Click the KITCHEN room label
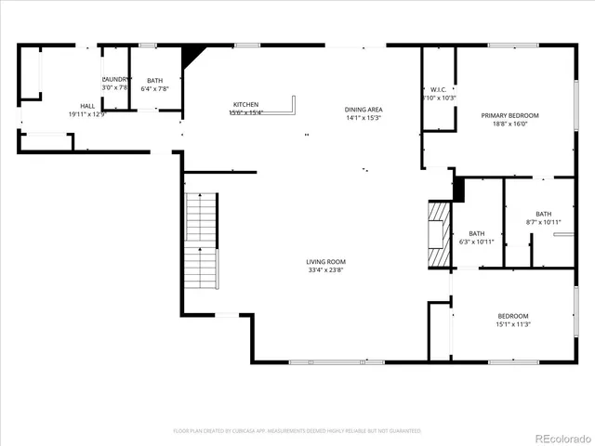[245, 104]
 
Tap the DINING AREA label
[364, 110]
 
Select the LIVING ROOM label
[326, 262]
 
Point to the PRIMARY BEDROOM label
[509, 115]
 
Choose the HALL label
[87, 106]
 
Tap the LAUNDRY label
[115, 80]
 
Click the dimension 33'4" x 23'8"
[326, 270]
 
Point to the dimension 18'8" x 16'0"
[509, 124]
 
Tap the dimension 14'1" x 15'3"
[364, 118]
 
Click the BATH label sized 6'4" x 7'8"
[154, 81]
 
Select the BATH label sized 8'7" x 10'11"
[543, 214]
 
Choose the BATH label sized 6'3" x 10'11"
[476, 233]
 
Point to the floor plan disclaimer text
[297, 431]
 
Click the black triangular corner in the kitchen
[192, 55]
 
